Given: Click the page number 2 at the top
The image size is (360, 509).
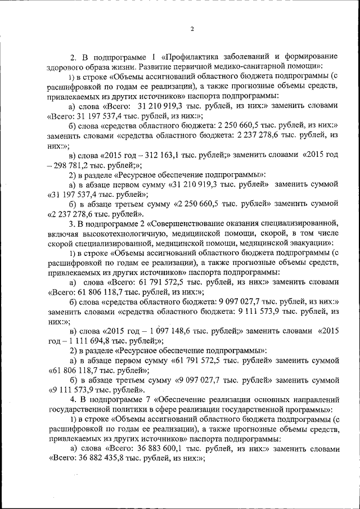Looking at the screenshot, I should pos(192,29).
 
